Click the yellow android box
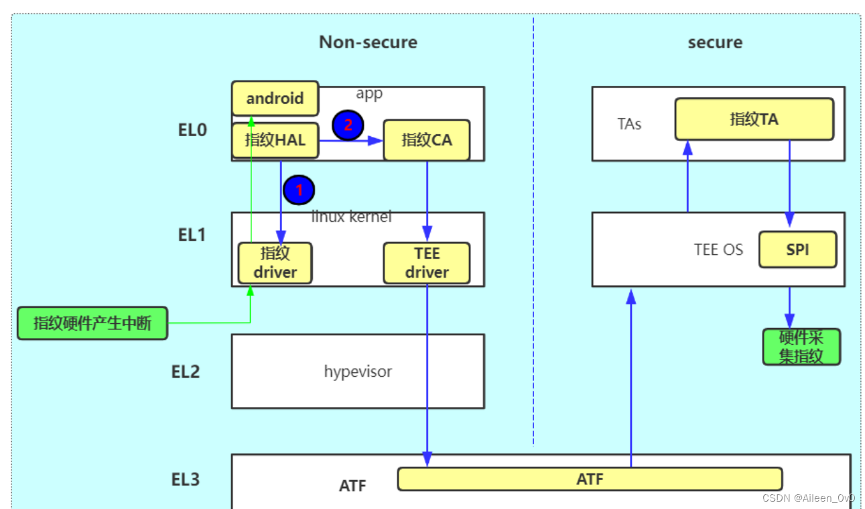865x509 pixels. point(275,98)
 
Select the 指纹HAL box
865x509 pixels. point(275,140)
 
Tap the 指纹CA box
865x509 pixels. point(427,140)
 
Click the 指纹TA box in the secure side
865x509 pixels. point(754,119)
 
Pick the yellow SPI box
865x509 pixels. point(798,249)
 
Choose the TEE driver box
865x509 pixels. point(427,263)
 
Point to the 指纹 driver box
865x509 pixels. point(275,263)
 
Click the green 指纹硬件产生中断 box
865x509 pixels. point(92,323)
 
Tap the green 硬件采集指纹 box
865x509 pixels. point(801,347)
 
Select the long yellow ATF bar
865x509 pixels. point(590,479)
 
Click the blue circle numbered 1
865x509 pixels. point(299,190)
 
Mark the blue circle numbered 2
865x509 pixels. point(348,125)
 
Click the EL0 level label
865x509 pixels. point(192,130)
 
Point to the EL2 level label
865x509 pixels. point(186,372)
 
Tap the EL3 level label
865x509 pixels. point(186,479)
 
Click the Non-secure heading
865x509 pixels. point(368,42)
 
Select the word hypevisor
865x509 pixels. point(358,372)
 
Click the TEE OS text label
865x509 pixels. point(719,249)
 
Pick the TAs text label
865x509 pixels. point(629,124)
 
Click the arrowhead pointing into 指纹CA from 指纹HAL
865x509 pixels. point(375,141)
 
